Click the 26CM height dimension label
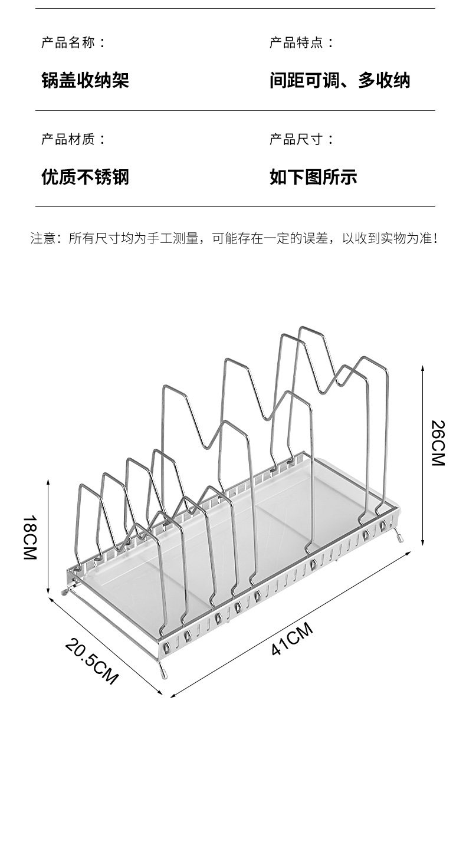(x=438, y=443)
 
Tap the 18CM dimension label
(x=30, y=537)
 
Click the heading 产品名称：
(x=74, y=42)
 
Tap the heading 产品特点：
(x=301, y=42)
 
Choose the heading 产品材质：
(x=74, y=139)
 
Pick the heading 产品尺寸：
(x=301, y=139)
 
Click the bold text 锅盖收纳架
(x=85, y=80)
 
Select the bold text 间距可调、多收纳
(x=340, y=80)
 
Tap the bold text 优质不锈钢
(x=85, y=176)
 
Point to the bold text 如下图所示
(x=313, y=176)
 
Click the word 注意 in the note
(x=42, y=239)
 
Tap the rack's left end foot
(x=65, y=589)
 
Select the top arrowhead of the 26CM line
(x=423, y=367)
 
